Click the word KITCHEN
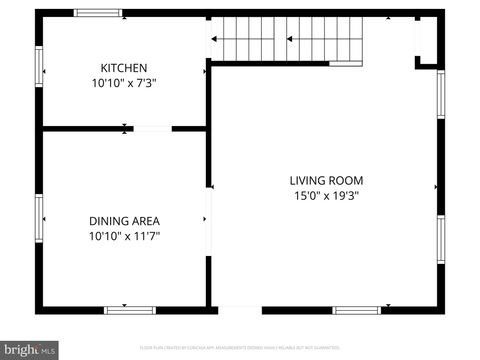click(x=124, y=68)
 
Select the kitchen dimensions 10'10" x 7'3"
click(x=124, y=84)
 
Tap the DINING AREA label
click(x=124, y=221)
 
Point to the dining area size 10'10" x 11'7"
click(x=124, y=237)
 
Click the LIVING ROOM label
click(x=326, y=180)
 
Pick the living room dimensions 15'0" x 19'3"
click(x=326, y=196)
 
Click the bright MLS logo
click(x=29, y=350)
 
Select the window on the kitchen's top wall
click(x=98, y=13)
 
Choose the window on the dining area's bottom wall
click(x=130, y=310)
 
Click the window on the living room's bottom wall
click(x=356, y=310)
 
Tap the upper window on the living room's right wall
click(x=440, y=96)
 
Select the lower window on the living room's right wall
click(x=440, y=238)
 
